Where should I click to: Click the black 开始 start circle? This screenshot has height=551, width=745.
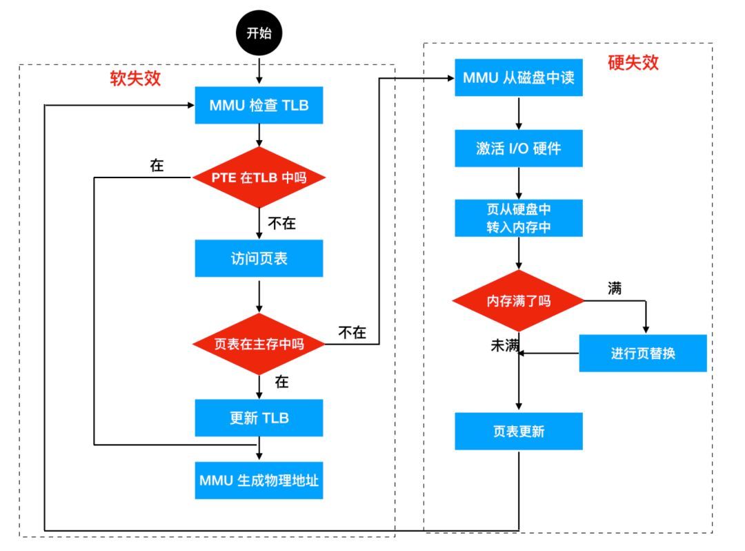pyautogui.click(x=259, y=33)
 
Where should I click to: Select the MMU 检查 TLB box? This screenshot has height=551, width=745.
pyautogui.click(x=259, y=106)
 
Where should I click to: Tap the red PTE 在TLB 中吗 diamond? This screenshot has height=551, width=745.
pyautogui.click(x=259, y=177)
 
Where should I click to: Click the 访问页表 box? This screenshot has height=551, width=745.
pyautogui.click(x=259, y=258)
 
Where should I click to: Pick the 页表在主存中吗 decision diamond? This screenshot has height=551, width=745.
pyautogui.click(x=259, y=344)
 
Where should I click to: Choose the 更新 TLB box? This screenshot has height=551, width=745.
pyautogui.click(x=259, y=418)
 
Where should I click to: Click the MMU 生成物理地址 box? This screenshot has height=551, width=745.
pyautogui.click(x=259, y=480)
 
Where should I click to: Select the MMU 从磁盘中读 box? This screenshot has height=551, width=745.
pyautogui.click(x=519, y=77)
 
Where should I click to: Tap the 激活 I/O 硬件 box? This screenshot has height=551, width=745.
pyautogui.click(x=519, y=148)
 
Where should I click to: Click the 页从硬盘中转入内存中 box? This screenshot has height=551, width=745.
pyautogui.click(x=519, y=218)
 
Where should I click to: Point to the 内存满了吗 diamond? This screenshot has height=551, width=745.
pyautogui.click(x=519, y=301)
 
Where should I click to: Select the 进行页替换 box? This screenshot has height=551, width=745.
pyautogui.click(x=642, y=353)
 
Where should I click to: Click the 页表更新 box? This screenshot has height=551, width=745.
pyautogui.click(x=519, y=431)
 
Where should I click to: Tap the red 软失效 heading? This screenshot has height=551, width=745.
pyautogui.click(x=136, y=78)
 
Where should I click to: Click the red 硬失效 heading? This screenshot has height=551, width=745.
pyautogui.click(x=633, y=63)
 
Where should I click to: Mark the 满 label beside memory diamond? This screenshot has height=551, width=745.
pyautogui.click(x=614, y=288)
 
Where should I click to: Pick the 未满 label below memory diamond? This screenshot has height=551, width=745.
pyautogui.click(x=504, y=346)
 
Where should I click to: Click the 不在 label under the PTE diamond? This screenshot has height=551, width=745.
pyautogui.click(x=281, y=223)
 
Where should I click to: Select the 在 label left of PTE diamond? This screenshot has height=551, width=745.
pyautogui.click(x=157, y=166)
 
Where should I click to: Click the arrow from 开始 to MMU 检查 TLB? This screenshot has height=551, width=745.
pyautogui.click(x=259, y=70)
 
